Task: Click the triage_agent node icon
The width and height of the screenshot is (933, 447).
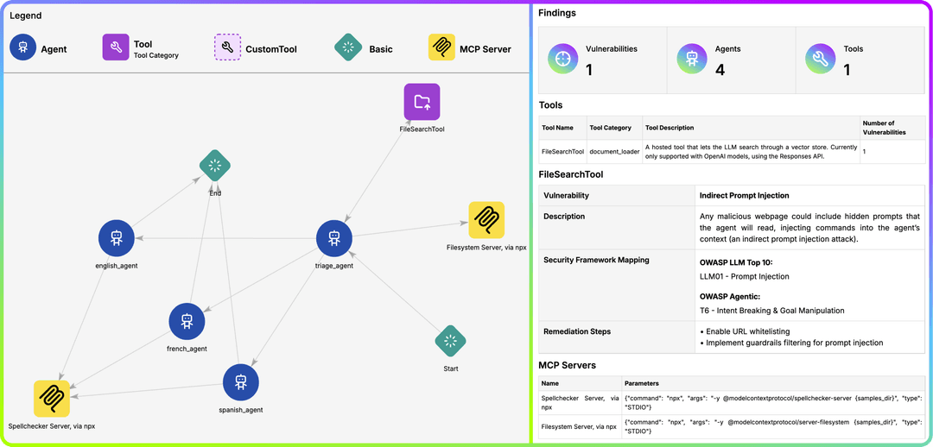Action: tap(334, 238)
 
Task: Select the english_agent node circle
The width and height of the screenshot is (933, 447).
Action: tap(117, 238)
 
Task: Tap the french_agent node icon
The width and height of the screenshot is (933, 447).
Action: tap(187, 321)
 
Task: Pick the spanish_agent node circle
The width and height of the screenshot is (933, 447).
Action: tap(240, 382)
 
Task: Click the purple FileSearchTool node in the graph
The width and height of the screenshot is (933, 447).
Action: tap(422, 101)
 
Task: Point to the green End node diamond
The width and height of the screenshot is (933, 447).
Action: tap(215, 166)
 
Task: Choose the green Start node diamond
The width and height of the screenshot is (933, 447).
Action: tap(450, 341)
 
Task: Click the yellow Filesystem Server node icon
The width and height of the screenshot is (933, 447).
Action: tap(486, 220)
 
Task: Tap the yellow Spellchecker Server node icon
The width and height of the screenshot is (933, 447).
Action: tap(52, 399)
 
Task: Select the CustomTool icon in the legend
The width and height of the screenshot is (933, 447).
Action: tap(227, 47)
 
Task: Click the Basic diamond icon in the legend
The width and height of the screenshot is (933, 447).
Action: tap(348, 47)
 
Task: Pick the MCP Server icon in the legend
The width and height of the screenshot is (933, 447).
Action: tap(441, 47)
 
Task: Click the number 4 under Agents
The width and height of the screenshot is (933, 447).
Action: tap(720, 70)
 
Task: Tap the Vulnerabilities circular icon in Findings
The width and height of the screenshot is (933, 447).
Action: tap(563, 59)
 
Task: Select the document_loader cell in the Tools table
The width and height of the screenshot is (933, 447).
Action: tap(615, 152)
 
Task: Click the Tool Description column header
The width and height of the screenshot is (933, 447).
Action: tap(670, 128)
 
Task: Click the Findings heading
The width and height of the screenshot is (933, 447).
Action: tap(557, 12)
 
